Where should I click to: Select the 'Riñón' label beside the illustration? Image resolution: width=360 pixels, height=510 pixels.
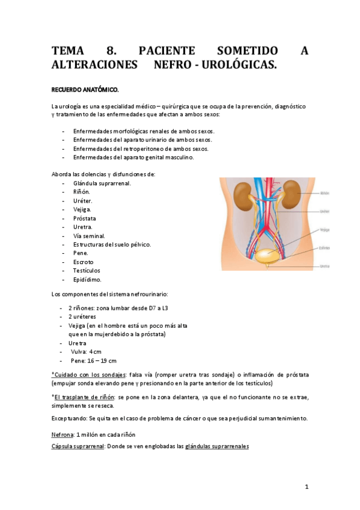(325, 194)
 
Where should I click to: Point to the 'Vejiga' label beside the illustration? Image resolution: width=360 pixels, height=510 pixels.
(325, 230)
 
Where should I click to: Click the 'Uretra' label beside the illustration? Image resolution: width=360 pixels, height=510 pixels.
(325, 266)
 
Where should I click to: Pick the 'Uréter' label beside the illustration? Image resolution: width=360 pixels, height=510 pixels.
(325, 211)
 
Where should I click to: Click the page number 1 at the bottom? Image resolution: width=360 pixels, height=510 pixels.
(307, 487)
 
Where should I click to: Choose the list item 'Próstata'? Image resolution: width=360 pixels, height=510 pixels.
(84, 218)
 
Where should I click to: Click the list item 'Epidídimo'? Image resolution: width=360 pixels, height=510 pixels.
(87, 279)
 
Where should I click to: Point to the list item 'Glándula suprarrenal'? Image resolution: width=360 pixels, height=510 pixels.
(102, 183)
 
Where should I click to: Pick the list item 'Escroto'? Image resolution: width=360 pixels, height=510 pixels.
(83, 262)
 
